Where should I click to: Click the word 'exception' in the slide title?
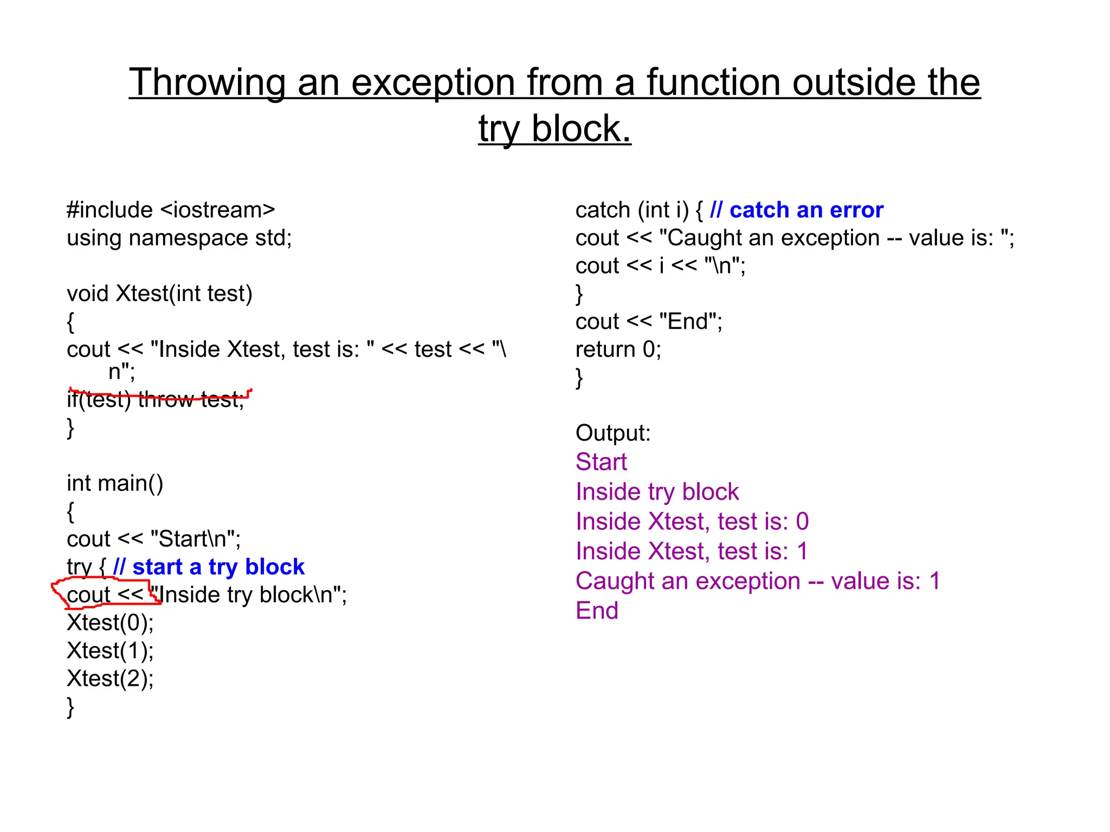[x=433, y=83]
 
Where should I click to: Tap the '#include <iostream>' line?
[x=171, y=210]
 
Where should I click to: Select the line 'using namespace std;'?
[x=179, y=238]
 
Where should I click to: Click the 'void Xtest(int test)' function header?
[x=159, y=294]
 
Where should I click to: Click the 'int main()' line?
[x=114, y=483]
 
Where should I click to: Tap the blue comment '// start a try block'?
[x=209, y=567]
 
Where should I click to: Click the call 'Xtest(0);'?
[x=110, y=623]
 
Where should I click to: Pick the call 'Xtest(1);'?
[x=110, y=651]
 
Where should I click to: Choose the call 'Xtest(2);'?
[x=110, y=679]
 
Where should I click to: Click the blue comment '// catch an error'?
[x=797, y=210]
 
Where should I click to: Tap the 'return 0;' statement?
[x=618, y=349]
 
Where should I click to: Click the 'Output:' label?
[x=612, y=433]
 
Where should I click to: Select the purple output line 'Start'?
[x=601, y=462]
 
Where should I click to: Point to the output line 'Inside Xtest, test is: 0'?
[x=692, y=522]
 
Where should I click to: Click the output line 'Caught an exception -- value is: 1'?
[x=757, y=581]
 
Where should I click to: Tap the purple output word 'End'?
[x=597, y=611]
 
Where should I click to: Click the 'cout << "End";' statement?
[x=648, y=322]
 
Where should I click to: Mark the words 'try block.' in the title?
[x=554, y=129]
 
